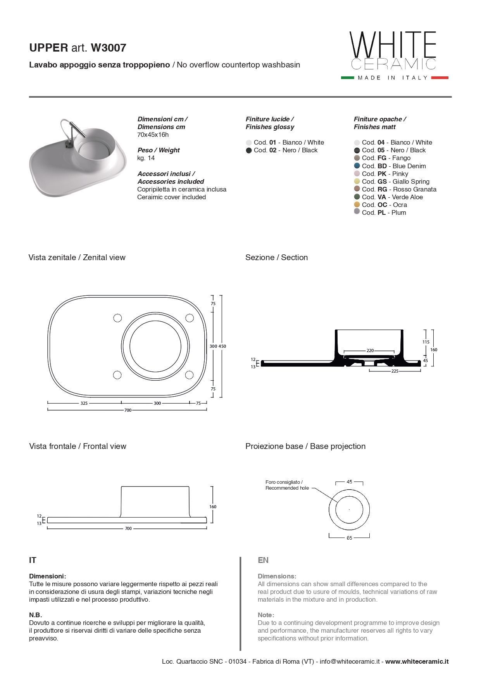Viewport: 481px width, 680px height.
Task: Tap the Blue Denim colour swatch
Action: coord(357,166)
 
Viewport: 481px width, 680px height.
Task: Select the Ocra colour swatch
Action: coord(357,205)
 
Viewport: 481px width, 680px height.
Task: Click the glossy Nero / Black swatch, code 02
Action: coord(249,150)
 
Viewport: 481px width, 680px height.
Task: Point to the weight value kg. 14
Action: coord(146,158)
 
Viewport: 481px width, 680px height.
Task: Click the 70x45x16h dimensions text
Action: coord(153,135)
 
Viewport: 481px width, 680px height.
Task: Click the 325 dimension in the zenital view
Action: coord(84,403)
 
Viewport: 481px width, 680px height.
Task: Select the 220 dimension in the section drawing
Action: coord(370,350)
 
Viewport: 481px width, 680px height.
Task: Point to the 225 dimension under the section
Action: coord(395,371)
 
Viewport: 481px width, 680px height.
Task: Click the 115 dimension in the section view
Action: coord(426,342)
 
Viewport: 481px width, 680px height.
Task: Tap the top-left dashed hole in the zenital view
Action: coord(117,318)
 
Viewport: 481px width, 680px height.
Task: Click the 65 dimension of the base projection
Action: coord(349,538)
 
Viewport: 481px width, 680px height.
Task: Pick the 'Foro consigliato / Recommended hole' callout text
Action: coord(287,485)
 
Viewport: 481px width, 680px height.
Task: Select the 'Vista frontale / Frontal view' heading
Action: coord(78,446)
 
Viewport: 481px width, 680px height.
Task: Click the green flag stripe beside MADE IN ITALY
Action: coord(347,78)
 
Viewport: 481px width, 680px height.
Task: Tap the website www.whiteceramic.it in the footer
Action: coord(417,662)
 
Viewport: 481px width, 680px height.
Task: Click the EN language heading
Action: coord(263,560)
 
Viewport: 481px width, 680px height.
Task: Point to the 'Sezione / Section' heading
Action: coord(276,257)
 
